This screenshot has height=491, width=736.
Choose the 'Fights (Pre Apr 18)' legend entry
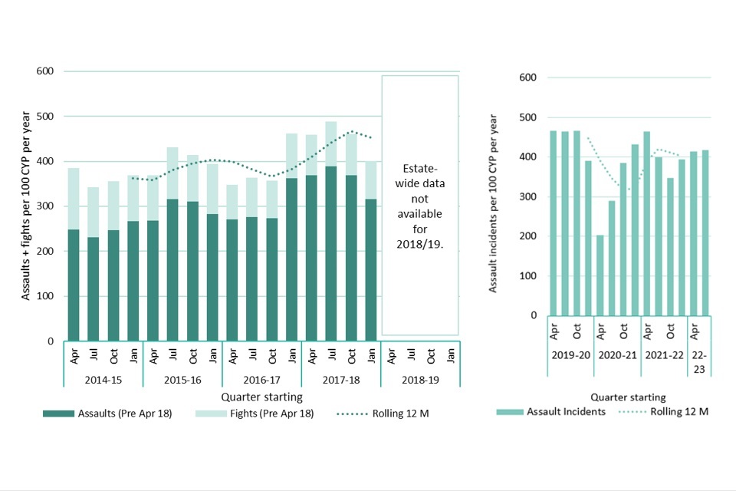pyautogui.click(x=252, y=414)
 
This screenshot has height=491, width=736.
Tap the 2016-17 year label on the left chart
pyautogui.click(x=261, y=380)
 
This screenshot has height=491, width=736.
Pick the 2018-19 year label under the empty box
pyautogui.click(x=420, y=380)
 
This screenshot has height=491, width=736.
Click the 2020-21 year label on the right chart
pyautogui.click(x=617, y=355)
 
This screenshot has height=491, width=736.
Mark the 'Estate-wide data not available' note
pyautogui.click(x=419, y=206)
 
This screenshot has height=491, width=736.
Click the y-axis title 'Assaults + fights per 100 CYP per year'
pyautogui.click(x=25, y=206)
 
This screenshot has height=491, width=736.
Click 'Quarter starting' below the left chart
pyautogui.click(x=261, y=397)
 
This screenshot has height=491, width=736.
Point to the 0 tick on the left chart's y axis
pyautogui.click(x=51, y=341)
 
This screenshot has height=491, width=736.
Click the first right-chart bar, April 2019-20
pyautogui.click(x=553, y=222)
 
